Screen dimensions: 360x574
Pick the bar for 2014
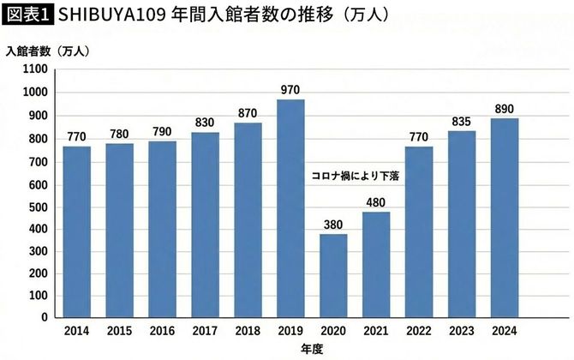coord(77,231)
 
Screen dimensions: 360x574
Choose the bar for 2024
coord(504,218)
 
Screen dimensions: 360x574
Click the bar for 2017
coord(205,225)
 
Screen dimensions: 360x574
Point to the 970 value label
coord(290,89)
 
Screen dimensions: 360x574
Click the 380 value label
coord(333,225)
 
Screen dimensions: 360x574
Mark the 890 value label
coord(504,108)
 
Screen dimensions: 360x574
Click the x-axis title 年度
coord(311,349)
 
